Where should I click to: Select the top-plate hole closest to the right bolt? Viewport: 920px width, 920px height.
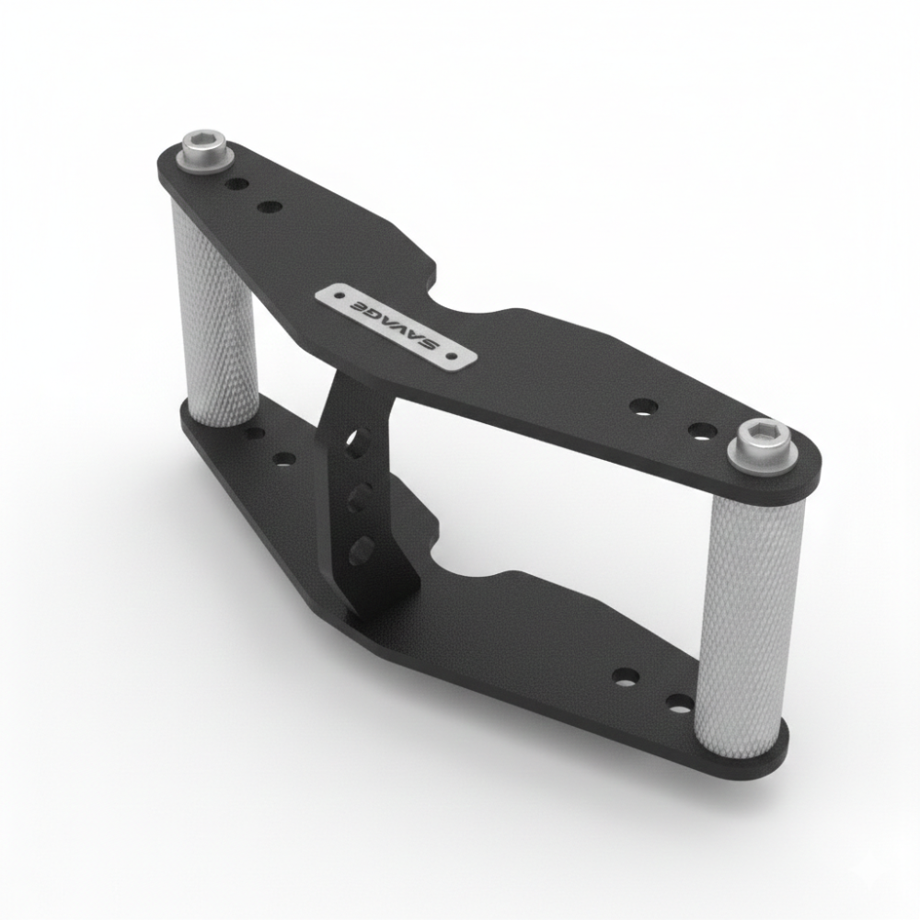click(703, 430)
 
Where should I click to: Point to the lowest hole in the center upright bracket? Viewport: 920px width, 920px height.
click(361, 550)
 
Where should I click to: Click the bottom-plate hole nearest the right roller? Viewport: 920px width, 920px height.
click(680, 706)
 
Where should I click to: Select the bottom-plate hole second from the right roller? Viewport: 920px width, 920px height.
click(626, 678)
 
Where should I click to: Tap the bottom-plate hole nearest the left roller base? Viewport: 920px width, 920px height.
click(255, 432)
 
